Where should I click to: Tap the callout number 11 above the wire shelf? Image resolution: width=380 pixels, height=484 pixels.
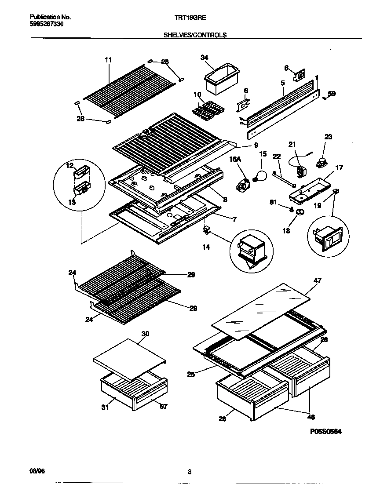pyautogui.click(x=109, y=60)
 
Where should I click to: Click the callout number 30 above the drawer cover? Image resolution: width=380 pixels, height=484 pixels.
pyautogui.click(x=145, y=334)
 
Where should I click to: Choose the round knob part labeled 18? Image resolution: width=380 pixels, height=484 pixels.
pyautogui.click(x=300, y=213)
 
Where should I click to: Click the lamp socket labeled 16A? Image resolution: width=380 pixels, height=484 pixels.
pyautogui.click(x=242, y=185)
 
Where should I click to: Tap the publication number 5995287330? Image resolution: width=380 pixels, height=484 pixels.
pyautogui.click(x=47, y=24)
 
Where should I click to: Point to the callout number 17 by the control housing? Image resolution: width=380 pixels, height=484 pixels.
pyautogui.click(x=339, y=167)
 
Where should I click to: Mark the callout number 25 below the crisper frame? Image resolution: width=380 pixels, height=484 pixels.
pyautogui.click(x=190, y=375)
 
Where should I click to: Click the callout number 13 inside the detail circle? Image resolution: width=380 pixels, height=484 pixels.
pyautogui.click(x=71, y=202)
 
